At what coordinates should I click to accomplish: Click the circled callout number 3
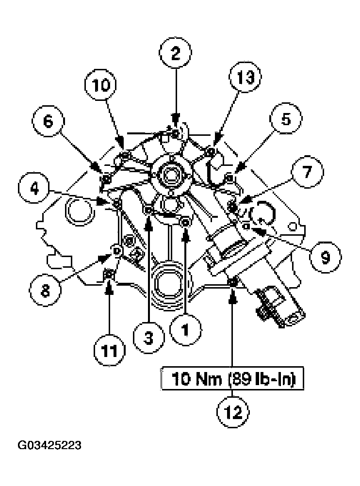148,336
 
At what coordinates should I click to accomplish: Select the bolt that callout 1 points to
185,222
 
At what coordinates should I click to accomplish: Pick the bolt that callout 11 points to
110,275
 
